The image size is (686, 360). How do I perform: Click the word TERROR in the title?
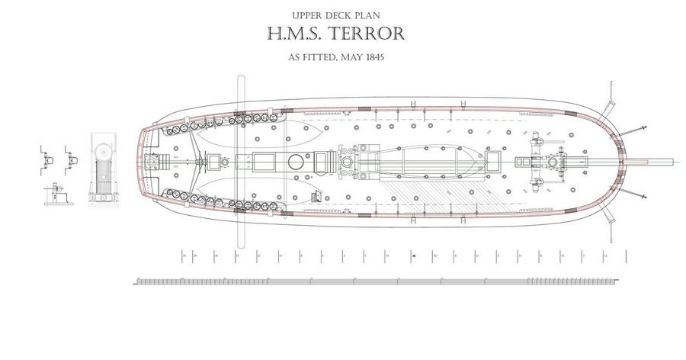pos(365,34)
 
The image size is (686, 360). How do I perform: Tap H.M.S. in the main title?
pos(293,34)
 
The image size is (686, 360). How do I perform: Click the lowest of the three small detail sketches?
pos(55,194)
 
